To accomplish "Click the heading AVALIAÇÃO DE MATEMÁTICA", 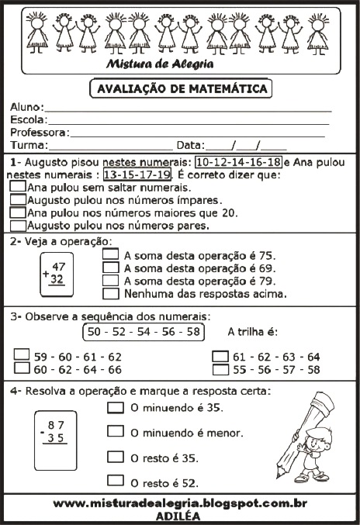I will pyautogui.click(x=181, y=88).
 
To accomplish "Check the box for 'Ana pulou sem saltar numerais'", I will pyautogui.click(x=18, y=188).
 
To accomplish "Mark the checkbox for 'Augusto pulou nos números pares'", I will pyautogui.click(x=18, y=226).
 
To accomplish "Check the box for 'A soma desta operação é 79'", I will pyautogui.click(x=111, y=281).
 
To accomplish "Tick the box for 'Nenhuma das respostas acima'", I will pyautogui.click(x=111, y=294).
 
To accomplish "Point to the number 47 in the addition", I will pyautogui.click(x=58, y=267).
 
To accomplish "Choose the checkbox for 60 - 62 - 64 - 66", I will pyautogui.click(x=22, y=369).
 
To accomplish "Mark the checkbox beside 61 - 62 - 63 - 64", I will pyautogui.click(x=220, y=357).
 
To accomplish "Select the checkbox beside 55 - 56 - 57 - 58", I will pyautogui.click(x=220, y=369).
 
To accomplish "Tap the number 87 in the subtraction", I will pyautogui.click(x=55, y=425).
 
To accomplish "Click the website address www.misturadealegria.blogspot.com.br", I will pyautogui.click(x=180, y=503).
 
